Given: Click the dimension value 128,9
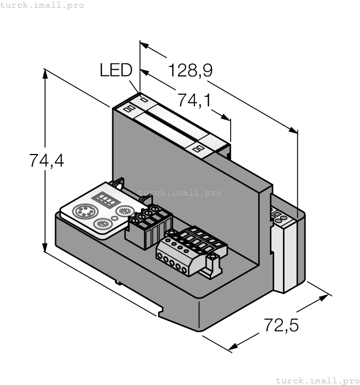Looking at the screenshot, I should click(190, 70).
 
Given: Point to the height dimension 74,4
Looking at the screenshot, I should click(46, 161).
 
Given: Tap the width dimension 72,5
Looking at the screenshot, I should click(280, 325).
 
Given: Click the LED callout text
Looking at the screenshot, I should click(116, 70).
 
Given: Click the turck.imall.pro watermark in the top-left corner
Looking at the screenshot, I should click(42, 5).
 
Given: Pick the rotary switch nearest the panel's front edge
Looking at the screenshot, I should click(101, 223).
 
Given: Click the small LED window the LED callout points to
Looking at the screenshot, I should click(145, 100).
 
